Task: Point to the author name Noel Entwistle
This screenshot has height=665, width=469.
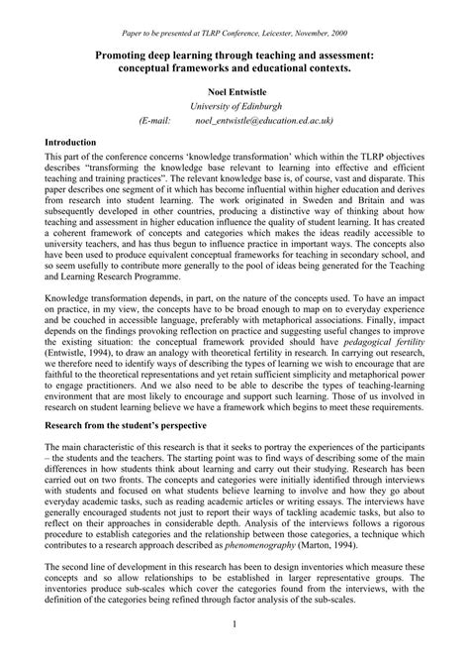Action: pyautogui.click(x=234, y=88)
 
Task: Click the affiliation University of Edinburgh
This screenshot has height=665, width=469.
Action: pyautogui.click(x=234, y=104)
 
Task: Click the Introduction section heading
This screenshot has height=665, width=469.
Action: pyautogui.click(x=70, y=143)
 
